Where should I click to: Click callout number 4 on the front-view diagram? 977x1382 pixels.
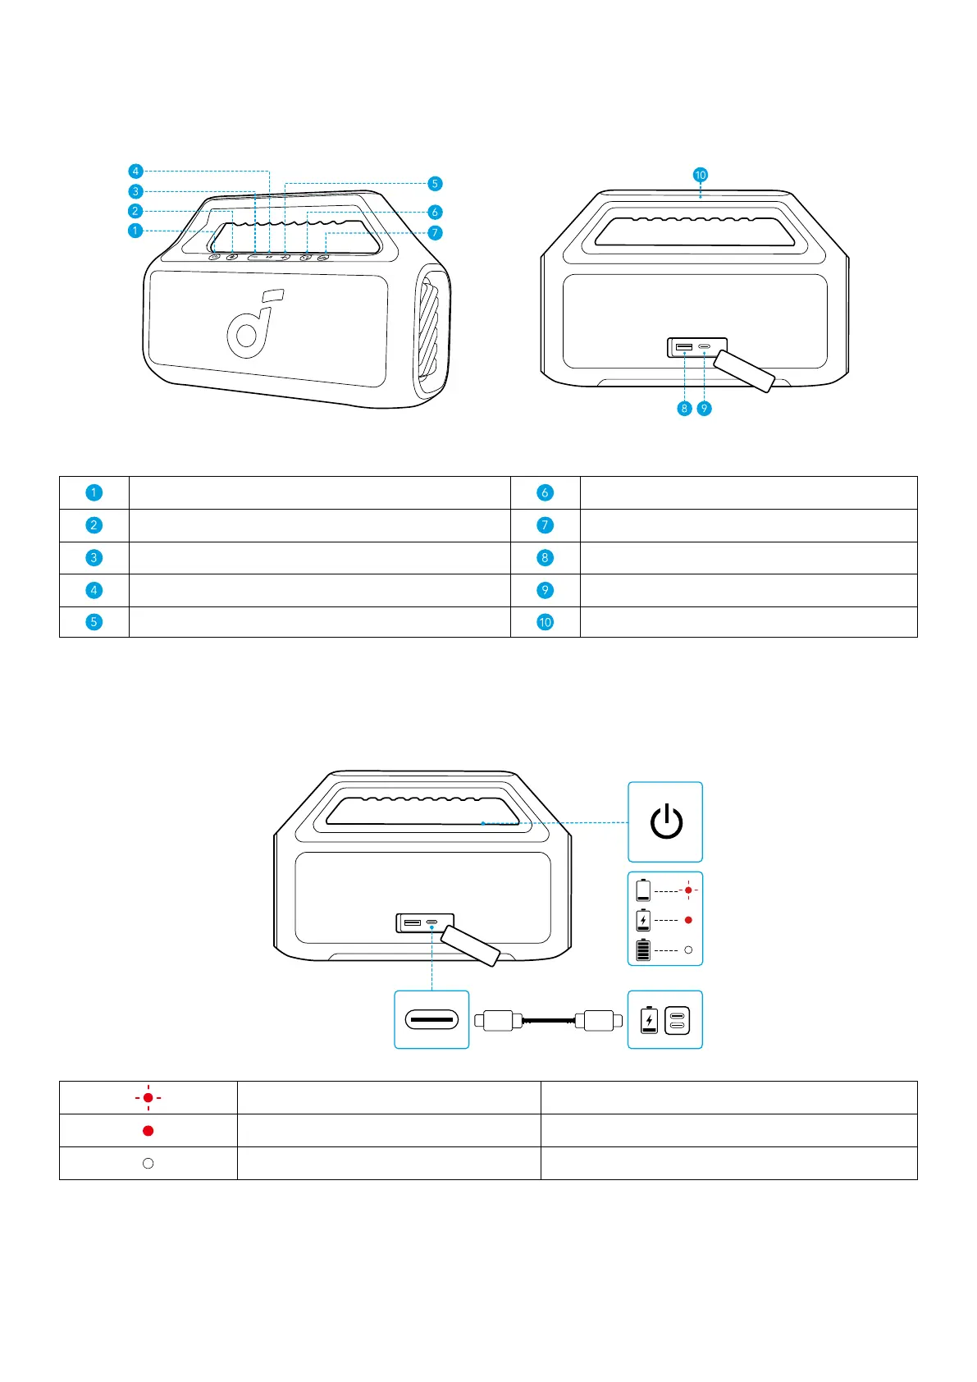click(135, 171)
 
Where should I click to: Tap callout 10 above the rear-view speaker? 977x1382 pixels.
click(700, 175)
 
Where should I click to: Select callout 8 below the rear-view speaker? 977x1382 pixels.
click(684, 408)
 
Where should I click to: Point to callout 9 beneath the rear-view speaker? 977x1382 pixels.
click(704, 408)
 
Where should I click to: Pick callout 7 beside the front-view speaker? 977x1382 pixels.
click(436, 233)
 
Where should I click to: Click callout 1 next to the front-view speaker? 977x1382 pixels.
click(135, 231)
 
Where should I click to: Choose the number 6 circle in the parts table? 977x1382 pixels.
click(545, 492)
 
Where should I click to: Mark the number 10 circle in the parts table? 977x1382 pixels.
click(545, 622)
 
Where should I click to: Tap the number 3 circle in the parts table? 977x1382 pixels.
click(94, 557)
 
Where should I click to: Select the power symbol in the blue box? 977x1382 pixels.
click(666, 822)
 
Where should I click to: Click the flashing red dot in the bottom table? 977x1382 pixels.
click(148, 1097)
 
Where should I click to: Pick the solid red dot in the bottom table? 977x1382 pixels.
click(148, 1130)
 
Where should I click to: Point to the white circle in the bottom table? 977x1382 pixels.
click(148, 1163)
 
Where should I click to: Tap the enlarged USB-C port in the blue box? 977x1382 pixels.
click(431, 1020)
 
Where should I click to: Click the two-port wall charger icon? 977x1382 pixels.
click(677, 1020)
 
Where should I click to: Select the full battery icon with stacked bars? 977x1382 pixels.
click(643, 950)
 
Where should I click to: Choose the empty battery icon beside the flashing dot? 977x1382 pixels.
click(643, 890)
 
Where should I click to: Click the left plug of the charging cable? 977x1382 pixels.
click(499, 1020)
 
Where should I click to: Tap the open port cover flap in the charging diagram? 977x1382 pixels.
click(470, 946)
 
